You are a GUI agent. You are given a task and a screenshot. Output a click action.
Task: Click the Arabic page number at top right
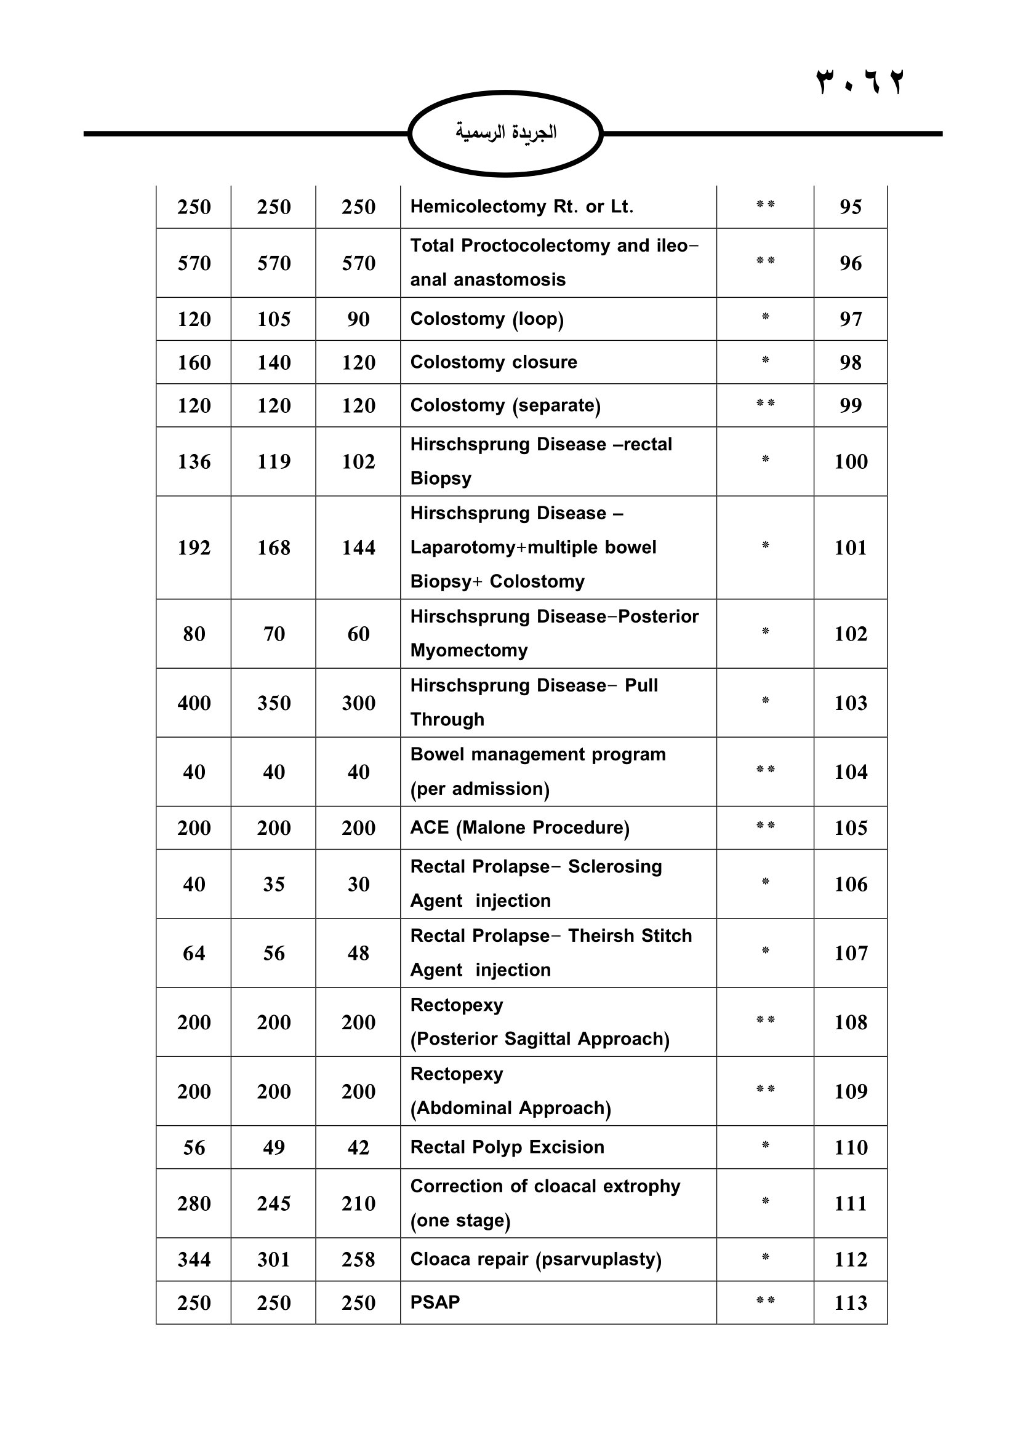pyautogui.click(x=859, y=82)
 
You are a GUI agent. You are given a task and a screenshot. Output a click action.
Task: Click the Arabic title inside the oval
pyautogui.click(x=506, y=132)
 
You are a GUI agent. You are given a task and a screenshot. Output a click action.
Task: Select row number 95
pyautogui.click(x=850, y=207)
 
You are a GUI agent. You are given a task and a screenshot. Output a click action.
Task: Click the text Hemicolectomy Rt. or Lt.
pyautogui.click(x=521, y=207)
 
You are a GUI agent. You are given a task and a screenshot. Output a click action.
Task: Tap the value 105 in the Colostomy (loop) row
pyautogui.click(x=273, y=319)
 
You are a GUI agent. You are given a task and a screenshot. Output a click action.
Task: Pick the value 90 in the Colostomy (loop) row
pyautogui.click(x=358, y=319)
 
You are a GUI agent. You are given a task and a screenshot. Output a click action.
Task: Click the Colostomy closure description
pyautogui.click(x=494, y=362)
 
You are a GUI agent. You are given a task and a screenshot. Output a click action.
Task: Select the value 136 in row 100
pyautogui.click(x=194, y=462)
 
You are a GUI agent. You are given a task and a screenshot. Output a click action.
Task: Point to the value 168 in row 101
pyautogui.click(x=273, y=548)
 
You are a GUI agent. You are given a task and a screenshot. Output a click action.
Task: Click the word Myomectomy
pyautogui.click(x=469, y=650)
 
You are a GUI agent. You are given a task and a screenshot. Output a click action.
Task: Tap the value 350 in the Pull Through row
pyautogui.click(x=273, y=703)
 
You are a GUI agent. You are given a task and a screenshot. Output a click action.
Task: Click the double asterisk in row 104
pyautogui.click(x=765, y=770)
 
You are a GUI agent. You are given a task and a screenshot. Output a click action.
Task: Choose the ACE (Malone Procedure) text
pyautogui.click(x=519, y=828)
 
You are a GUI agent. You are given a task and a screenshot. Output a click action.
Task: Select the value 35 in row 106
pyautogui.click(x=273, y=884)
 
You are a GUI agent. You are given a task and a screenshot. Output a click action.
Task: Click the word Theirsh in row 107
pyautogui.click(x=599, y=936)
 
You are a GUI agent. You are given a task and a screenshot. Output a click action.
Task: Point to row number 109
pyautogui.click(x=850, y=1092)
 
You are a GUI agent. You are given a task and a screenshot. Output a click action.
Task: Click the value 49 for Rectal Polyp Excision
pyautogui.click(x=273, y=1147)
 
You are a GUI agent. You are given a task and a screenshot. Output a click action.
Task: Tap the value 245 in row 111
pyautogui.click(x=273, y=1203)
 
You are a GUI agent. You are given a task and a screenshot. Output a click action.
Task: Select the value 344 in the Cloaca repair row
pyautogui.click(x=194, y=1260)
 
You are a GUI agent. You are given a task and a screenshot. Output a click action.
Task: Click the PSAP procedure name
pyautogui.click(x=435, y=1302)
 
